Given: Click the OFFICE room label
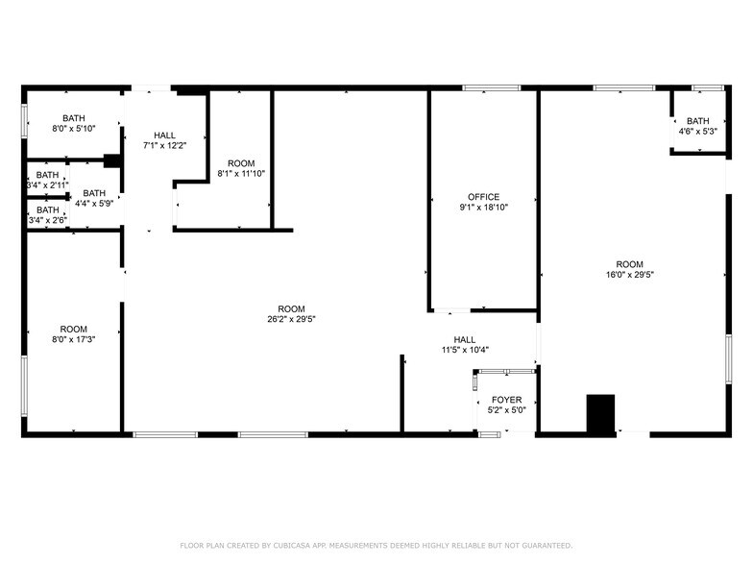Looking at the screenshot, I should pyautogui.click(x=483, y=197).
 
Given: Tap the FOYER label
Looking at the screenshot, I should pyautogui.click(x=506, y=400).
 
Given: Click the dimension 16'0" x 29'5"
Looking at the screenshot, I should pyautogui.click(x=629, y=275).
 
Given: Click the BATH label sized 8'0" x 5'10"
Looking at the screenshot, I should pyautogui.click(x=74, y=118).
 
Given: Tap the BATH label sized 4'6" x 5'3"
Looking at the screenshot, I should pyautogui.click(x=697, y=121).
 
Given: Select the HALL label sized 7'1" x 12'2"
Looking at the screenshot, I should pyautogui.click(x=164, y=135).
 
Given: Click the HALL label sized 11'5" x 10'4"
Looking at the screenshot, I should pyautogui.click(x=465, y=339).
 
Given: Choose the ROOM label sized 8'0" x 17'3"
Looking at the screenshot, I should pyautogui.click(x=74, y=329).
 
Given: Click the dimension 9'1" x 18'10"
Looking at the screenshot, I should pyautogui.click(x=483, y=208).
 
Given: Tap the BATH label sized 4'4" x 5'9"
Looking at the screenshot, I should pyautogui.click(x=94, y=193).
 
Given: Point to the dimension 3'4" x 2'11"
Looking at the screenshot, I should pyautogui.click(x=46, y=184).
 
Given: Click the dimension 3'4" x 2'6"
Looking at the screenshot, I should pyautogui.click(x=46, y=220).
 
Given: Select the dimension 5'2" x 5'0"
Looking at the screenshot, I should pyautogui.click(x=506, y=410).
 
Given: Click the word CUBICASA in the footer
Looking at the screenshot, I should pyautogui.click(x=290, y=545).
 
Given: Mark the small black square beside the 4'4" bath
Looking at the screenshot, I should pyautogui.click(x=111, y=161).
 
